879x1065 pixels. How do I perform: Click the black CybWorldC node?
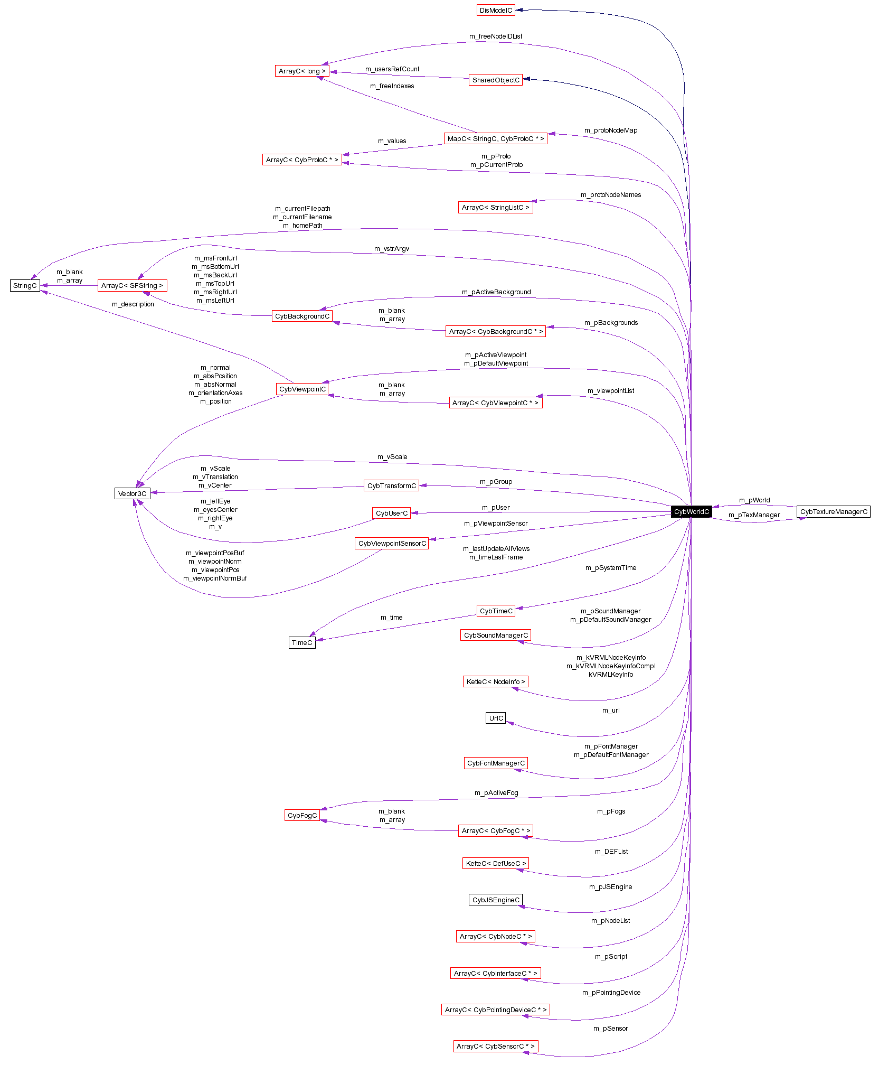click(691, 511)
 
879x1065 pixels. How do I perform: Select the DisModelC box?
click(496, 10)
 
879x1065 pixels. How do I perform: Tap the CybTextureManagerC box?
click(833, 511)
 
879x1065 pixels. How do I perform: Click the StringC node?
click(25, 285)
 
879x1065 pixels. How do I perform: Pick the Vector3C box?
click(132, 493)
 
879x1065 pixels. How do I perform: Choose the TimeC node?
click(302, 642)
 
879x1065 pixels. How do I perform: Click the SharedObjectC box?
click(495, 80)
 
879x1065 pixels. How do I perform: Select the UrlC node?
click(496, 718)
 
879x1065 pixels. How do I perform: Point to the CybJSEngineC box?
click(496, 900)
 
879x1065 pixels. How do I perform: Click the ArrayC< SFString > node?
click(132, 285)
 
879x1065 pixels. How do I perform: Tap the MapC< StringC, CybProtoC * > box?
click(495, 138)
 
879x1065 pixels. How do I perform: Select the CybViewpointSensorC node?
click(392, 543)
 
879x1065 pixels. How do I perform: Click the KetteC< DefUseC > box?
click(496, 863)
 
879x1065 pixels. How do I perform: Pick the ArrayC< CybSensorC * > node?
click(495, 1046)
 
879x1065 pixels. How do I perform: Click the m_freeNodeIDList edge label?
click(495, 36)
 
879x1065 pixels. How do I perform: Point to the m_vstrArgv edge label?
click(391, 248)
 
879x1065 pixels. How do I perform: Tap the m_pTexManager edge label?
click(754, 515)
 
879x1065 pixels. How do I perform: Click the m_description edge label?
click(133, 304)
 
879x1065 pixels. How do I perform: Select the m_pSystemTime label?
click(610, 567)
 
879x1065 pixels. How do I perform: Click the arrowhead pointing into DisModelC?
click(519, 10)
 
